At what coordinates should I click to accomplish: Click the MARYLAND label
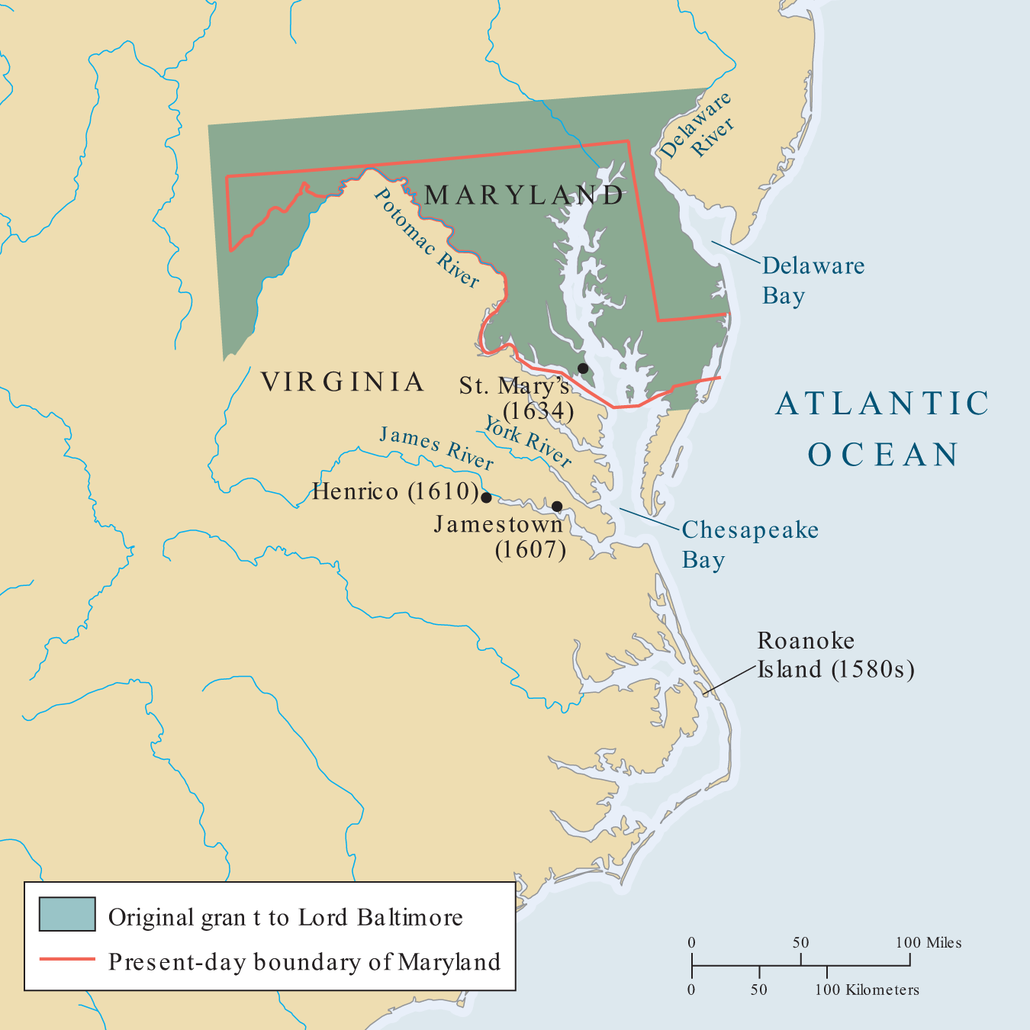pos(524,195)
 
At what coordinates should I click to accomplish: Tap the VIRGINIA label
pos(343,381)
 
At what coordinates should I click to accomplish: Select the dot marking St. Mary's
pos(583,369)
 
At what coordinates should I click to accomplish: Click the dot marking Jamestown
pos(557,507)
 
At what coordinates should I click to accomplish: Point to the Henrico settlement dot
pos(486,497)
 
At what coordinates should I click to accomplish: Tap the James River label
pos(436,448)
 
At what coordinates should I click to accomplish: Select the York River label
pos(528,442)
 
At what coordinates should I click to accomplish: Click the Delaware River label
pos(697,127)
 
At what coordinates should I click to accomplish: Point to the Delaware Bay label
pos(813,280)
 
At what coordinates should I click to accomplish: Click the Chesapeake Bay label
pos(749,545)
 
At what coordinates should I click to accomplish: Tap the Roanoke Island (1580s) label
pos(835,655)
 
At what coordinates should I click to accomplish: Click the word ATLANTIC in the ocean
pos(883,404)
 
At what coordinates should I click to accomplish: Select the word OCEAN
pos(884,455)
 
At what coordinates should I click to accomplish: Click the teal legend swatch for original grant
pos(67,914)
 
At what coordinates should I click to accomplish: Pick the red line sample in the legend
pos(67,958)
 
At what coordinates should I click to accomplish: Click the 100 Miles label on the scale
pos(929,943)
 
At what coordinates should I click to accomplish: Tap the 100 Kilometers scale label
pos(867,990)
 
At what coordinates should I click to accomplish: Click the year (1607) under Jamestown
pos(530,549)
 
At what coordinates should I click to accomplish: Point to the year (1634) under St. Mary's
pos(538,411)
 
